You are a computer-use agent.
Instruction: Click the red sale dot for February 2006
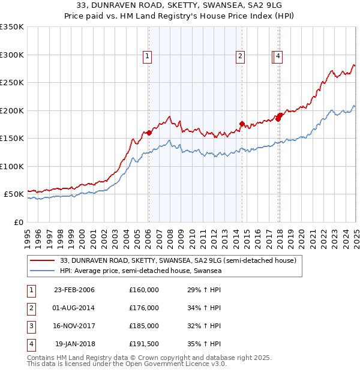(x=149, y=133)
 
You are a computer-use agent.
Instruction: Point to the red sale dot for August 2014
(x=242, y=124)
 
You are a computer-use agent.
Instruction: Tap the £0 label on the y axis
(x=18, y=222)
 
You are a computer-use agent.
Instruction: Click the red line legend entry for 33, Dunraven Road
(x=178, y=261)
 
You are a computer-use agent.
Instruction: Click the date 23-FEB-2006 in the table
(x=74, y=290)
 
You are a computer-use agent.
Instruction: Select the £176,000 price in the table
(x=144, y=308)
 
